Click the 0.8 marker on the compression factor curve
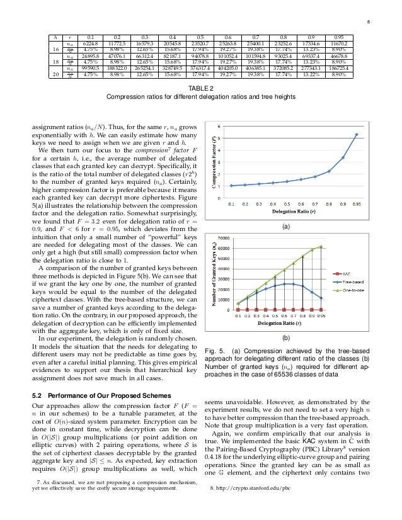click(329, 171)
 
